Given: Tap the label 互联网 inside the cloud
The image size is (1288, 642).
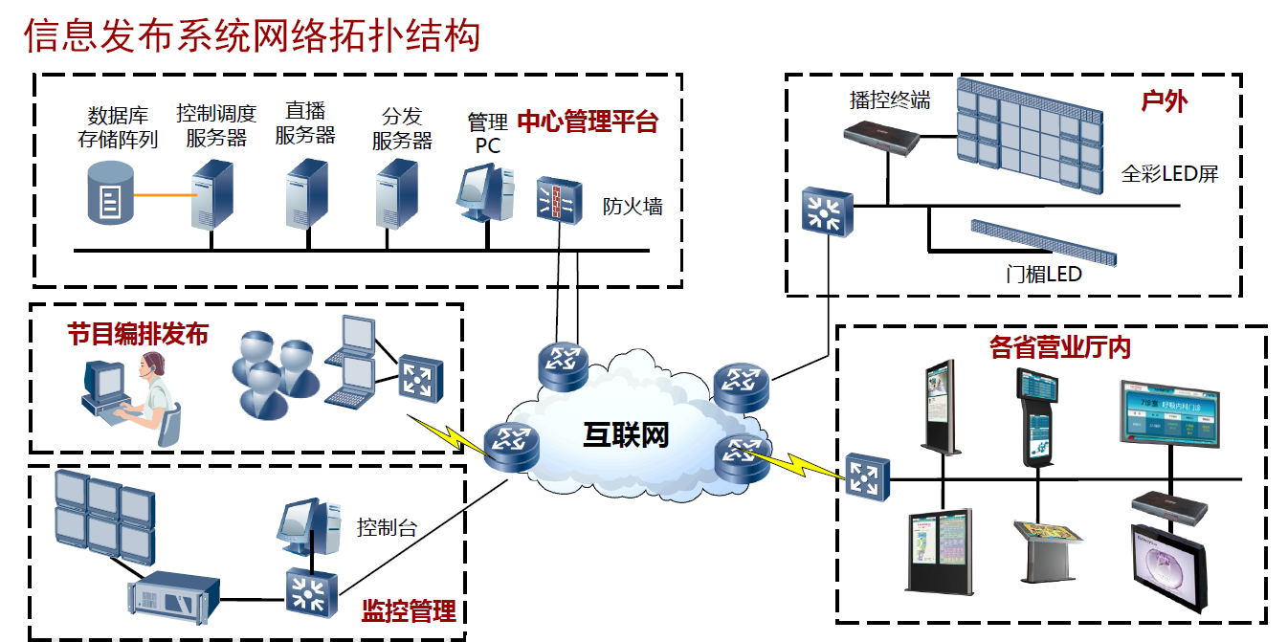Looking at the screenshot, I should pos(626,433).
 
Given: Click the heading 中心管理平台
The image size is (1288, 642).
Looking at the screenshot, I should pos(588,122).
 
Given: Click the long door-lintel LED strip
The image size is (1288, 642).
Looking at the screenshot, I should pos(1043,241).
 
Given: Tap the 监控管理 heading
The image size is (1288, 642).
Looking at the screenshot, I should pos(408,610).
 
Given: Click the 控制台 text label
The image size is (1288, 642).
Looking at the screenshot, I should pos(387,527).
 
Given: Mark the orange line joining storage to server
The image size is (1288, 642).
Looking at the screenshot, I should pos(164,196).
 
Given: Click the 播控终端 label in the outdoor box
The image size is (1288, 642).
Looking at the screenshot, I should pos(890,100).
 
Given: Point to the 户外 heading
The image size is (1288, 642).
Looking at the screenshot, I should pos(1165,100).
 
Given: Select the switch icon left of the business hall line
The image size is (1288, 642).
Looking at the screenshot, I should pos(868,476).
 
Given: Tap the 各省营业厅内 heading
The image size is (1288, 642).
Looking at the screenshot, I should pos(1060,346).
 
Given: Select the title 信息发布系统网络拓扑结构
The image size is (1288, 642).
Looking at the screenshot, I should pos(252,35).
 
